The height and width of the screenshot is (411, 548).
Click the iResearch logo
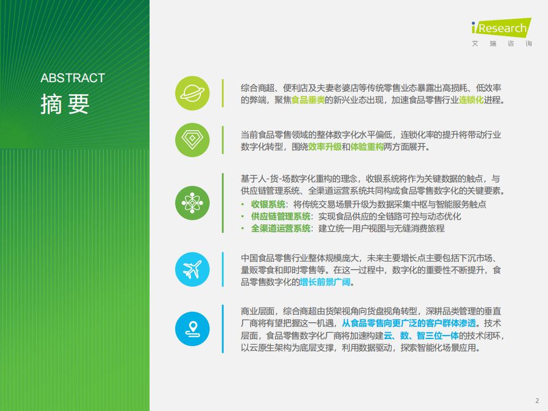(502, 27)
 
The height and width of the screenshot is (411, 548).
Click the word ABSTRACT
(72, 78)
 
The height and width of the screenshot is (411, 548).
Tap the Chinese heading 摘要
(65, 104)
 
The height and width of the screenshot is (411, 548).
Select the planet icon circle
(192, 93)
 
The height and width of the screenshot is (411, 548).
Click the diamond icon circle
(192, 140)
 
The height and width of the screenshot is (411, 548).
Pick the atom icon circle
(192, 203)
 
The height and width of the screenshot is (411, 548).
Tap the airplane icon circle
(192, 269)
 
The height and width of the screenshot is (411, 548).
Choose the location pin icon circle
(192, 329)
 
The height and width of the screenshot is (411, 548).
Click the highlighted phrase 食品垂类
(308, 100)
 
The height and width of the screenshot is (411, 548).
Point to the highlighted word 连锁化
(471, 100)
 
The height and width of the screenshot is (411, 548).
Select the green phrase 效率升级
(325, 147)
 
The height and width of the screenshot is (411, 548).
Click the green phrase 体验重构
(366, 147)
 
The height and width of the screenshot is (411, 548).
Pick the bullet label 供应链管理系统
(281, 216)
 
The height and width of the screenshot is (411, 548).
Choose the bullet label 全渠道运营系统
(281, 228)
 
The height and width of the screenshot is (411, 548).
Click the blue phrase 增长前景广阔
(325, 282)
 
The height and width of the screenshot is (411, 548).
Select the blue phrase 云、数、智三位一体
(421, 336)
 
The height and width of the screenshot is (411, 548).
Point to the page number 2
(537, 401)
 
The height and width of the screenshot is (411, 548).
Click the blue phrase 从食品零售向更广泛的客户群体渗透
(409, 323)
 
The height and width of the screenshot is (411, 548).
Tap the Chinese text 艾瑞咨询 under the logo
(502, 43)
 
